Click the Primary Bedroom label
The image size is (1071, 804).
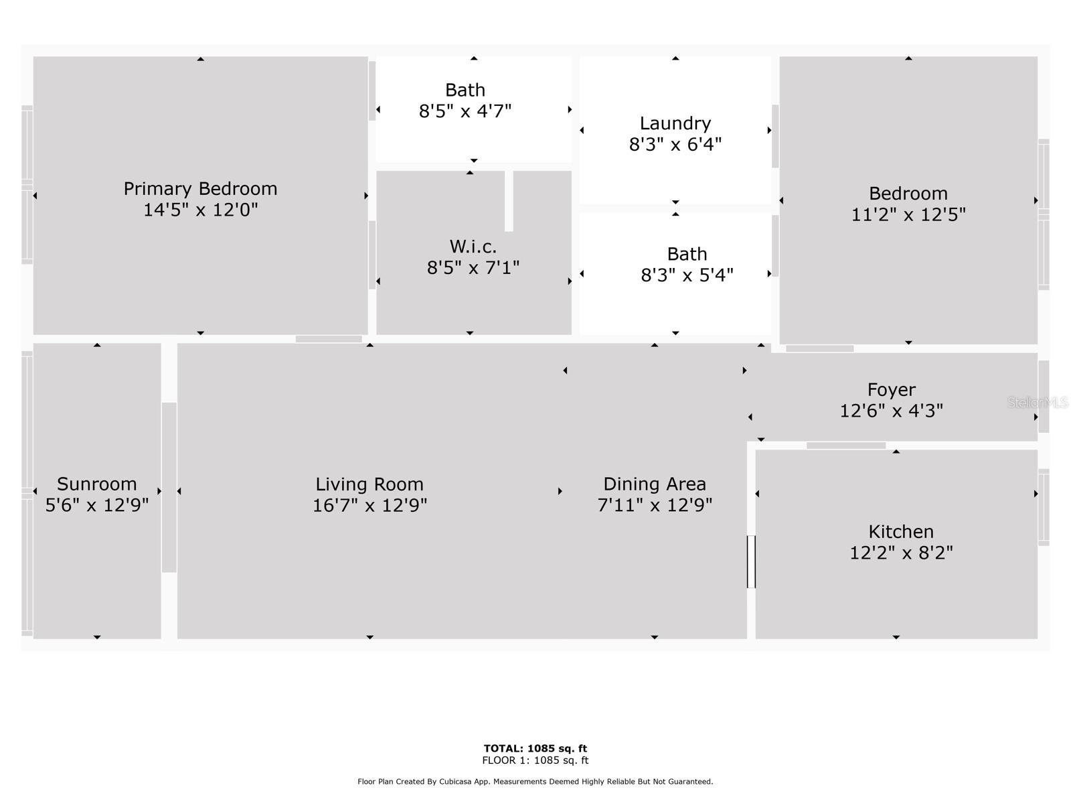tap(200, 188)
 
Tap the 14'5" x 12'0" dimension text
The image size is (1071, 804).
tap(200, 210)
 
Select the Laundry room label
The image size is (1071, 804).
tap(675, 123)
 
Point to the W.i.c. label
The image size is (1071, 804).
tap(473, 247)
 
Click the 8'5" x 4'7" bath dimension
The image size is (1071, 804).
tap(465, 111)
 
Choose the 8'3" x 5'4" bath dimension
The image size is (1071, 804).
tap(687, 275)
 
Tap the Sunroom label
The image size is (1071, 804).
tap(96, 484)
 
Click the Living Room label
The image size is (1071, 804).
tap(369, 484)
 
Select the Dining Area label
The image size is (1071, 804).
tap(654, 484)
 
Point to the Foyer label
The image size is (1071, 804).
tap(891, 390)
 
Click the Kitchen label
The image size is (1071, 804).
tap(901, 531)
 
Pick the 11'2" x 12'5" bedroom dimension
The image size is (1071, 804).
tap(908, 215)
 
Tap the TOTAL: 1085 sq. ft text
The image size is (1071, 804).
tap(535, 748)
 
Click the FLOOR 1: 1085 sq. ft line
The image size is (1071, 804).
tap(535, 760)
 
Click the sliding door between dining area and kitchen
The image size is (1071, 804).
tap(751, 561)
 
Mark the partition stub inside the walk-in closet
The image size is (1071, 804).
tap(509, 200)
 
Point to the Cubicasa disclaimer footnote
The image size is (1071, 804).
tap(535, 781)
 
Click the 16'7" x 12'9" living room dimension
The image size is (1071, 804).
tap(369, 505)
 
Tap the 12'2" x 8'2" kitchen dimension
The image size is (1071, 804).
tap(901, 553)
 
